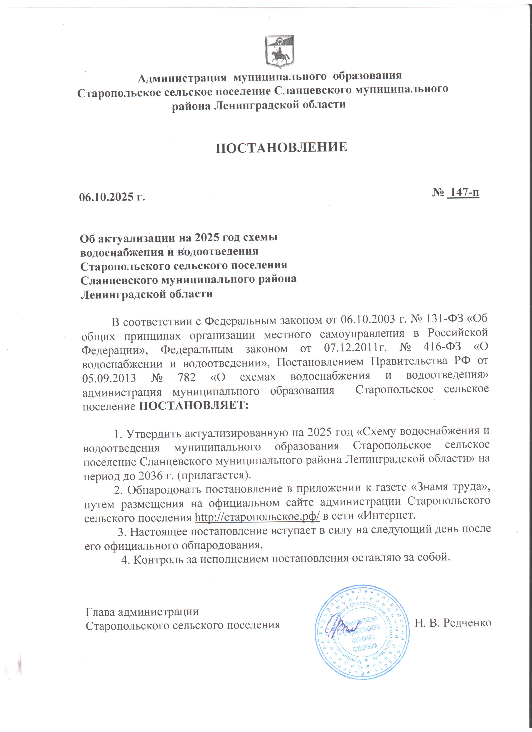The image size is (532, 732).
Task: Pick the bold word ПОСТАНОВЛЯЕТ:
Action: tap(194, 405)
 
